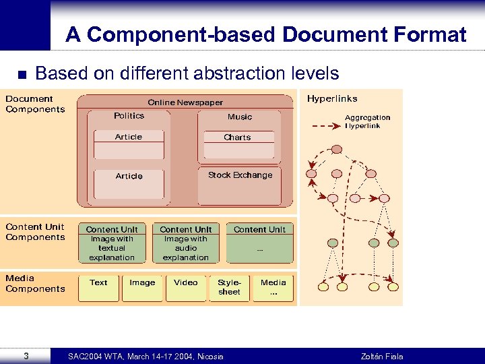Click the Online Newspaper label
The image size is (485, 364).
click(185, 102)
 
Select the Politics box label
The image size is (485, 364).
click(129, 116)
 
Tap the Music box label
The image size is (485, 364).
click(239, 117)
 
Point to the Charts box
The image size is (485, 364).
click(237, 138)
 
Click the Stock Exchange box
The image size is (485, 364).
click(240, 175)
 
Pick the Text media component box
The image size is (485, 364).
click(98, 287)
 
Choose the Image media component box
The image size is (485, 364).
click(142, 287)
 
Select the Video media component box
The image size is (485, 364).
click(186, 287)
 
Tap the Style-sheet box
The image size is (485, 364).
click(229, 287)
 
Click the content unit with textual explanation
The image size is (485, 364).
click(112, 243)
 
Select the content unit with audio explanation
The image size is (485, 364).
click(186, 243)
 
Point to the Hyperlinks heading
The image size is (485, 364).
click(332, 99)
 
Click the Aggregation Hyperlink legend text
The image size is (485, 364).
click(367, 121)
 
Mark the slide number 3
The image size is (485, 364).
click(25, 355)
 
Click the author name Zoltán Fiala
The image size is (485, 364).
click(382, 356)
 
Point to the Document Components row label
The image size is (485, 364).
click(35, 104)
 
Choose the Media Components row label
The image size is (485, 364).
click(35, 283)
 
